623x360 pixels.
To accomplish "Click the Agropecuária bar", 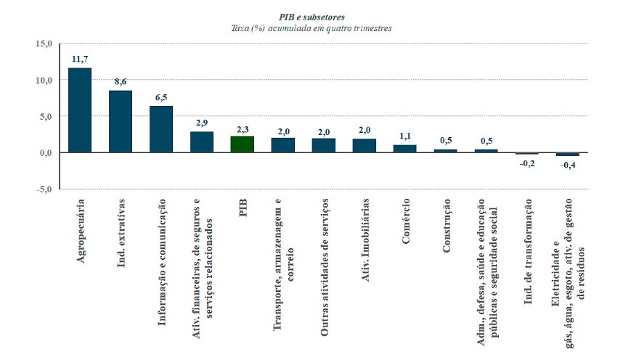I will [80, 110].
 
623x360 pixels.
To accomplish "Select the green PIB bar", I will [243, 144].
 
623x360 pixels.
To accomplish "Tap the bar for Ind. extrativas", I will [121, 122].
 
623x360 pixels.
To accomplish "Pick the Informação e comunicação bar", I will [161, 129].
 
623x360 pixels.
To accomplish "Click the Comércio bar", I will [405, 149].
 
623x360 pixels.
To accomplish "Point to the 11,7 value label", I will [80, 58].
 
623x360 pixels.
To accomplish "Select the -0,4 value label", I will [568, 165].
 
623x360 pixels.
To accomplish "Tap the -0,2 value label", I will [527, 163].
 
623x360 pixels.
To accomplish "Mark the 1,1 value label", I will [405, 136].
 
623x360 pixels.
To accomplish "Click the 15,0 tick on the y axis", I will [44, 44].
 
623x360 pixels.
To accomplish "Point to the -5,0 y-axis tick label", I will [44, 189].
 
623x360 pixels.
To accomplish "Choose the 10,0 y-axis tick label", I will [44, 81].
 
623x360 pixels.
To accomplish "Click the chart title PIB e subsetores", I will [311, 16].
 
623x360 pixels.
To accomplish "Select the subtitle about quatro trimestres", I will [311, 28].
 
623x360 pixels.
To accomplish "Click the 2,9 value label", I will [202, 123].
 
